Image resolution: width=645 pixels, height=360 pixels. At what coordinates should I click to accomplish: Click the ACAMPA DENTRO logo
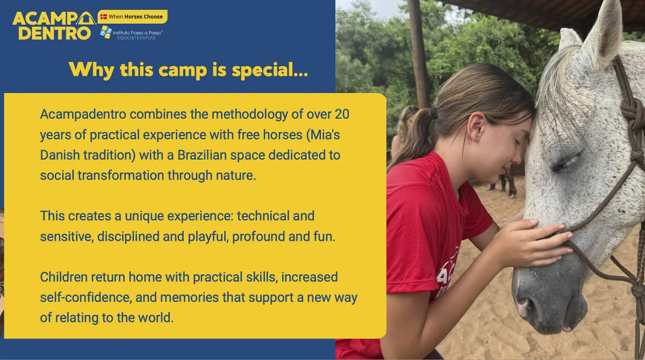54,26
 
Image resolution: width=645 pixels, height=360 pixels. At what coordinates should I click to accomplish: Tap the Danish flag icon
104,17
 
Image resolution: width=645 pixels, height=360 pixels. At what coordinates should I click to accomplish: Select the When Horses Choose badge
132,17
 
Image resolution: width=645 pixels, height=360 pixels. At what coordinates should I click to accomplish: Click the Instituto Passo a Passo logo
131,33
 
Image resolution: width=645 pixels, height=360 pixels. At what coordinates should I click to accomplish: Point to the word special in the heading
270,70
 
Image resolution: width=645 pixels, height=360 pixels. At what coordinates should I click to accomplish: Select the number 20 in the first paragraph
342,114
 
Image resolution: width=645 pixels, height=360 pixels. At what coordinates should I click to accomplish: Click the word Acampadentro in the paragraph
83,114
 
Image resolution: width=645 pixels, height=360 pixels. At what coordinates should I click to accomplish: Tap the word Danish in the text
60,155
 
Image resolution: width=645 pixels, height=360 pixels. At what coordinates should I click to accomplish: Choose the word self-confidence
86,298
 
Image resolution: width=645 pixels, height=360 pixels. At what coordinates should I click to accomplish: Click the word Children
63,277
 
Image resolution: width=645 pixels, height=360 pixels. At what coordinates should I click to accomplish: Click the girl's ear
476,126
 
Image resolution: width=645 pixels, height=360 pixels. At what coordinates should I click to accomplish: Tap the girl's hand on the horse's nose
533,242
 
